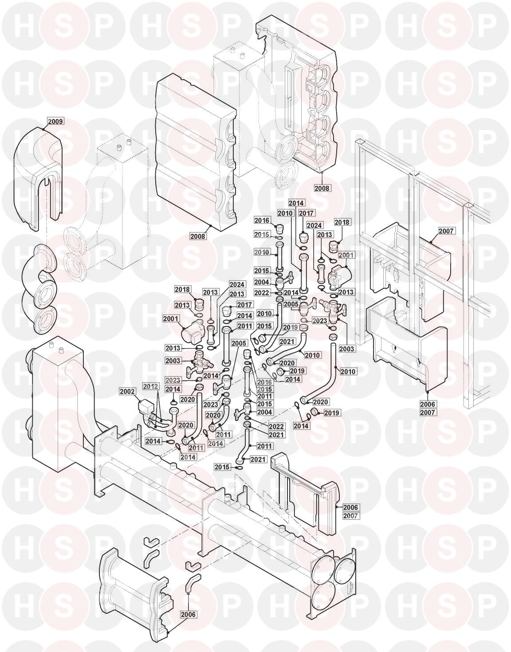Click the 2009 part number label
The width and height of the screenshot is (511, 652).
55,121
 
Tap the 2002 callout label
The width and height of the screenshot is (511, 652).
127,391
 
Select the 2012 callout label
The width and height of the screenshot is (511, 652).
150,386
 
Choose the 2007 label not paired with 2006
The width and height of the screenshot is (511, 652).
455,231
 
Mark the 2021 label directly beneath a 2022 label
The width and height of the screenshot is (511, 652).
276,434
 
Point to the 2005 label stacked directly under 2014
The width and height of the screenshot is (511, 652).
291,304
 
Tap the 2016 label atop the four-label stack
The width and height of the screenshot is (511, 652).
264,382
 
